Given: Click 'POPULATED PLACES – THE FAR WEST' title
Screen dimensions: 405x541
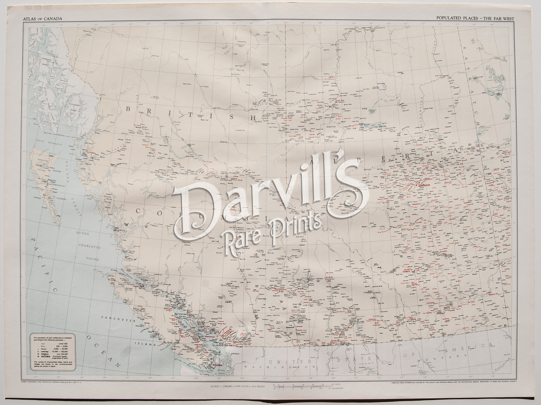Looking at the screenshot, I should tap(475, 18).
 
